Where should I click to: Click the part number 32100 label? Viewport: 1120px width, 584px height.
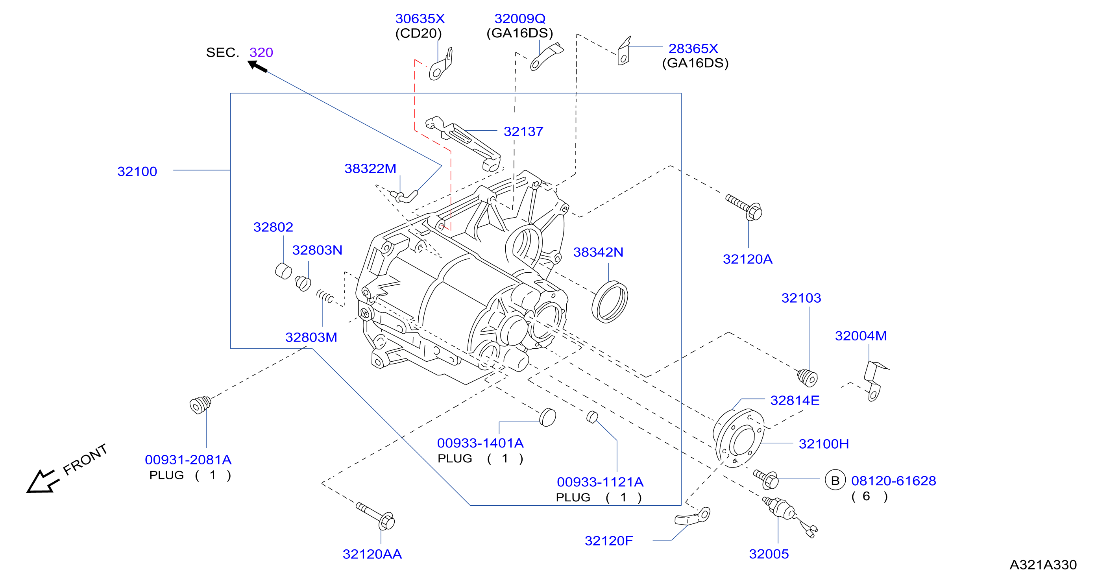[137, 171]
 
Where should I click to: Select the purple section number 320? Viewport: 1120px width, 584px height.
[261, 52]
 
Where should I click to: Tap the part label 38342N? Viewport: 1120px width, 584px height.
[598, 252]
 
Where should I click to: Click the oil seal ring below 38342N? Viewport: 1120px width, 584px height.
[610, 302]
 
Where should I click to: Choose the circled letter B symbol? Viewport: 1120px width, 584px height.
[835, 481]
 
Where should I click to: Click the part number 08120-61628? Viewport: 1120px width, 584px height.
[893, 481]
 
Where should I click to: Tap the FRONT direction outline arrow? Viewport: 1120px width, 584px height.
[42, 481]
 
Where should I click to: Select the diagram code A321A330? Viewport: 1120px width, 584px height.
[1043, 564]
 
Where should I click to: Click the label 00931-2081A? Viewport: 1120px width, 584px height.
[188, 460]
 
